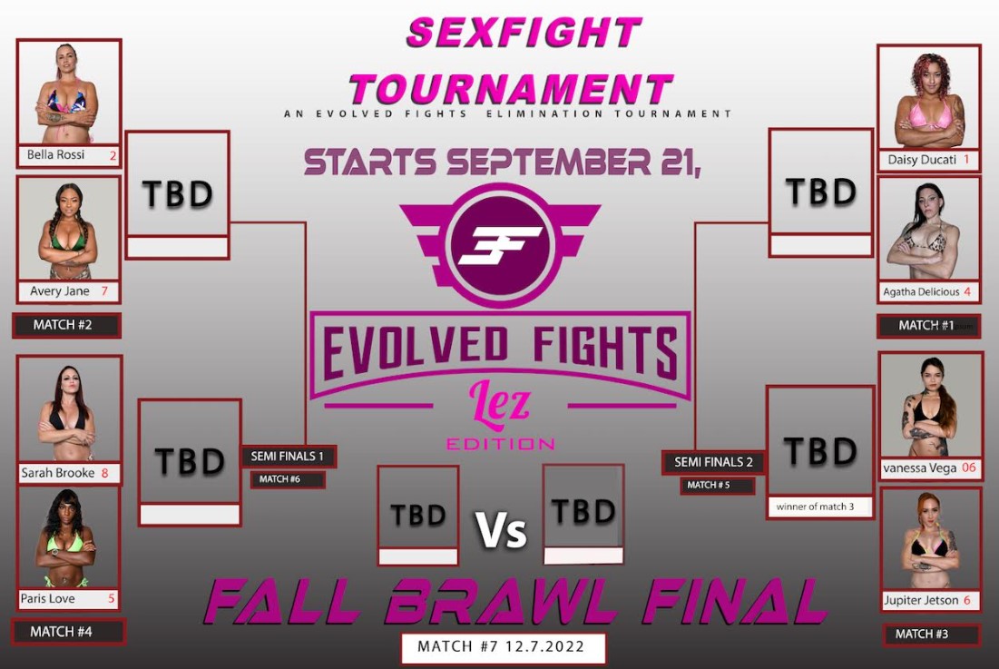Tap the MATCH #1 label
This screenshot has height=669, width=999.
(928, 326)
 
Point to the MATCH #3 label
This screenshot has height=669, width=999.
(931, 634)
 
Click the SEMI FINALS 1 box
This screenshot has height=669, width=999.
(288, 457)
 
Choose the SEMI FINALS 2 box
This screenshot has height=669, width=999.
(713, 462)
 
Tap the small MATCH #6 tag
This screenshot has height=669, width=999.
(288, 479)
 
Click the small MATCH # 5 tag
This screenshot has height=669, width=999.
(717, 485)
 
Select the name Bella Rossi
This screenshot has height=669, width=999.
(55, 154)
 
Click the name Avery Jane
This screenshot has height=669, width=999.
(59, 291)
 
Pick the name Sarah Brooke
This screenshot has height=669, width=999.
(58, 473)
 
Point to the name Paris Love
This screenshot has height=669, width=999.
(47, 598)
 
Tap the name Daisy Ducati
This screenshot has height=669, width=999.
(922, 159)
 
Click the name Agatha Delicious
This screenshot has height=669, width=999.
(921, 291)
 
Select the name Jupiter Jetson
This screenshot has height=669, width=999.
(921, 600)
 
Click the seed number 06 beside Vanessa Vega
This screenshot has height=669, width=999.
(968, 467)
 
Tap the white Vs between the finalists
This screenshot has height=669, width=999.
(502, 529)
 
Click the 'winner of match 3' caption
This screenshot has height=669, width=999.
(815, 507)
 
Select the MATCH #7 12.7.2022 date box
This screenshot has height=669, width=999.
(503, 647)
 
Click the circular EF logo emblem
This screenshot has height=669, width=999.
(500, 245)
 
